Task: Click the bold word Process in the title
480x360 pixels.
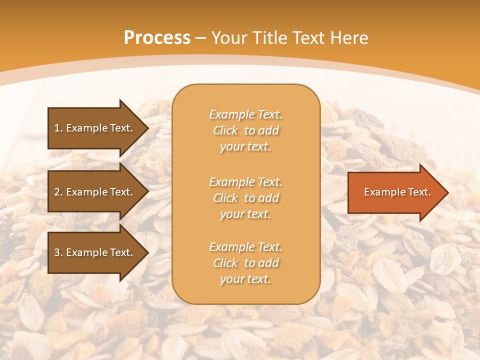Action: (157, 38)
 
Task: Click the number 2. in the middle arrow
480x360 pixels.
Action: (58, 192)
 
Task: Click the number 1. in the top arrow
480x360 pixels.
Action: (58, 128)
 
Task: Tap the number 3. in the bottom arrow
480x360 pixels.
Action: (58, 252)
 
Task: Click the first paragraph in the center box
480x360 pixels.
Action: (245, 130)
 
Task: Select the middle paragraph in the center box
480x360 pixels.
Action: (245, 198)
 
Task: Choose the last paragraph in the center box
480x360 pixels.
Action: (245, 263)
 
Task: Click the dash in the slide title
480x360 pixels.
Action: (201, 38)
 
